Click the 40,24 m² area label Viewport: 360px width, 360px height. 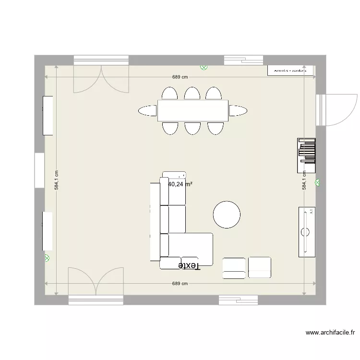(x=180, y=184)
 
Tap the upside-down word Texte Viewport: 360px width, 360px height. (x=188, y=265)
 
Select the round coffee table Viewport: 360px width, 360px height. (x=227, y=215)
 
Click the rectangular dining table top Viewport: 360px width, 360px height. (x=192, y=111)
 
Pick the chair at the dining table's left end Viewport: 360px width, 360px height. (x=147, y=111)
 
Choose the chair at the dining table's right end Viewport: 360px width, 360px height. (x=238, y=111)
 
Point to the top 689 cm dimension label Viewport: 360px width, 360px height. (x=180, y=77)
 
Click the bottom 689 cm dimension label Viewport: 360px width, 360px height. (x=180, y=284)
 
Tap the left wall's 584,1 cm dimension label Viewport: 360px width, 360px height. (x=57, y=180)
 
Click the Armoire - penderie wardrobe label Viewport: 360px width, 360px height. (x=290, y=70)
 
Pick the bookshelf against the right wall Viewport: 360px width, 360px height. (x=307, y=155)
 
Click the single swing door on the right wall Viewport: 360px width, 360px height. (x=336, y=110)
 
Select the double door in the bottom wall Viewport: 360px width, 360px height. (x=96, y=283)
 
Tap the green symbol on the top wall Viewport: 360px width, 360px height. (x=204, y=68)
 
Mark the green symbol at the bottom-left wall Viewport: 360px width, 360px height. (x=47, y=258)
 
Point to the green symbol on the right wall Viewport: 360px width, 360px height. (x=317, y=182)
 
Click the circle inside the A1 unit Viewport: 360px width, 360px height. (x=305, y=232)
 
